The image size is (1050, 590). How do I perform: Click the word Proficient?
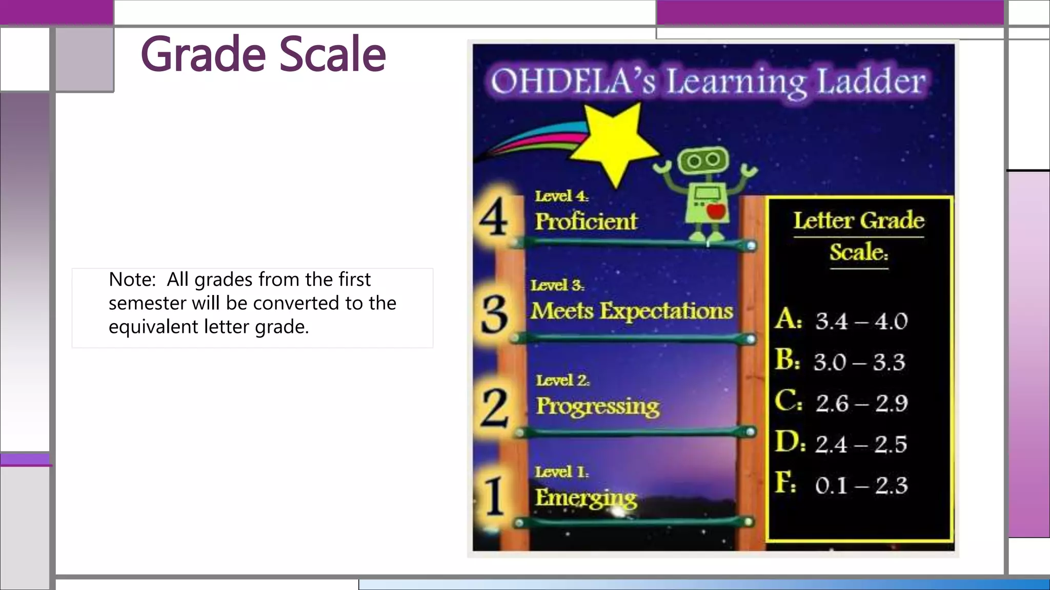click(586, 222)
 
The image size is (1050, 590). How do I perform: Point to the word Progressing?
click(598, 406)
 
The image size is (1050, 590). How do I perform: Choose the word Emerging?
click(586, 498)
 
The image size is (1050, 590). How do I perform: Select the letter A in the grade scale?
click(787, 320)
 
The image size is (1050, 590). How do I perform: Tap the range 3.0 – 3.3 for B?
click(860, 362)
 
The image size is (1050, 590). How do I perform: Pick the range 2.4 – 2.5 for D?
click(861, 444)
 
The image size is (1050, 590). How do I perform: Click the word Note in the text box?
click(131, 280)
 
